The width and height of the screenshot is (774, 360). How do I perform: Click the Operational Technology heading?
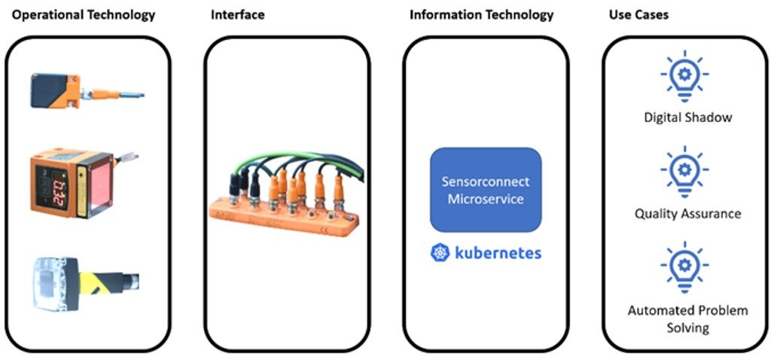[x=83, y=14]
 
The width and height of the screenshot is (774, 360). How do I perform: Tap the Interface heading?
[x=237, y=14]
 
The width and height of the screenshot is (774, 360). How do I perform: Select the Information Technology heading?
[x=481, y=14]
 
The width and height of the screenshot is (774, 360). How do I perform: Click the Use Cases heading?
[x=638, y=14]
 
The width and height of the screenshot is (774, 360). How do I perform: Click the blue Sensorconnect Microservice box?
[x=485, y=190]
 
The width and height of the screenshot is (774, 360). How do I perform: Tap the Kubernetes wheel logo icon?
[x=440, y=253]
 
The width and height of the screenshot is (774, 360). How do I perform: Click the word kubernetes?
[x=498, y=253]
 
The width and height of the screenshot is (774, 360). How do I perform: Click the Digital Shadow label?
[x=687, y=117]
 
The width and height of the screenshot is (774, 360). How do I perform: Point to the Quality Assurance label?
[x=687, y=214]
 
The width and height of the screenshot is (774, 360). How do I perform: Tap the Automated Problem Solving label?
[x=687, y=319]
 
